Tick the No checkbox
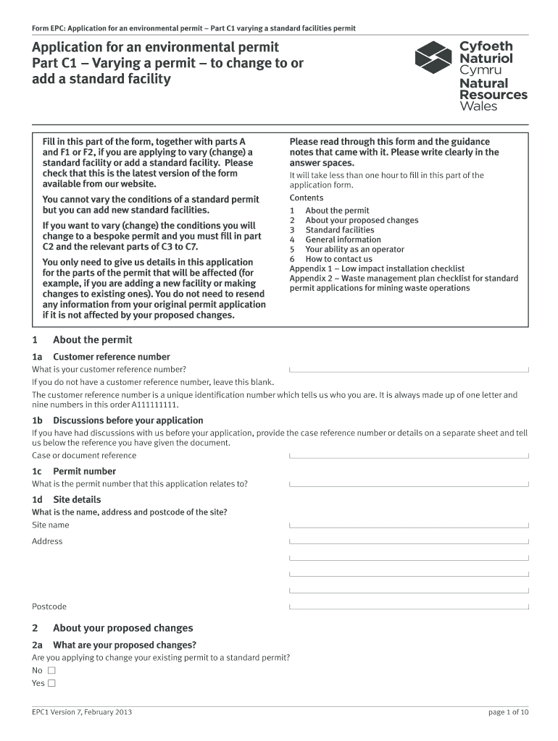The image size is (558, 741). coord(51,670)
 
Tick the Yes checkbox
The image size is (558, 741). coord(51,683)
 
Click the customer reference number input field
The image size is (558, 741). coord(409,369)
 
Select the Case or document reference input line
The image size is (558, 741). coord(409,455)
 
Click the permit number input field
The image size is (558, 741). coord(409,483)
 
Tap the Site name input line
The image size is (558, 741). coord(409,525)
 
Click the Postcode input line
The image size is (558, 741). coord(409,606)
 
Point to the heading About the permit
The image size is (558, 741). coord(92,340)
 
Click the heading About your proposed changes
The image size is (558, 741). coord(122,628)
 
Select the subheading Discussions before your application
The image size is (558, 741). coord(128,420)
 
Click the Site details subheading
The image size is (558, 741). coord(77,499)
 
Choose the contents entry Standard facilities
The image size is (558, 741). coord(339,230)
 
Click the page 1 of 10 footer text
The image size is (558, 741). coord(509,712)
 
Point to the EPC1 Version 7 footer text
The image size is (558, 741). coord(82,712)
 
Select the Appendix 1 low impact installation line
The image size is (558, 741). coord(377,268)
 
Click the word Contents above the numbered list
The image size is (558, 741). coord(307,198)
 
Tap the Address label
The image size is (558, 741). coord(47,541)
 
